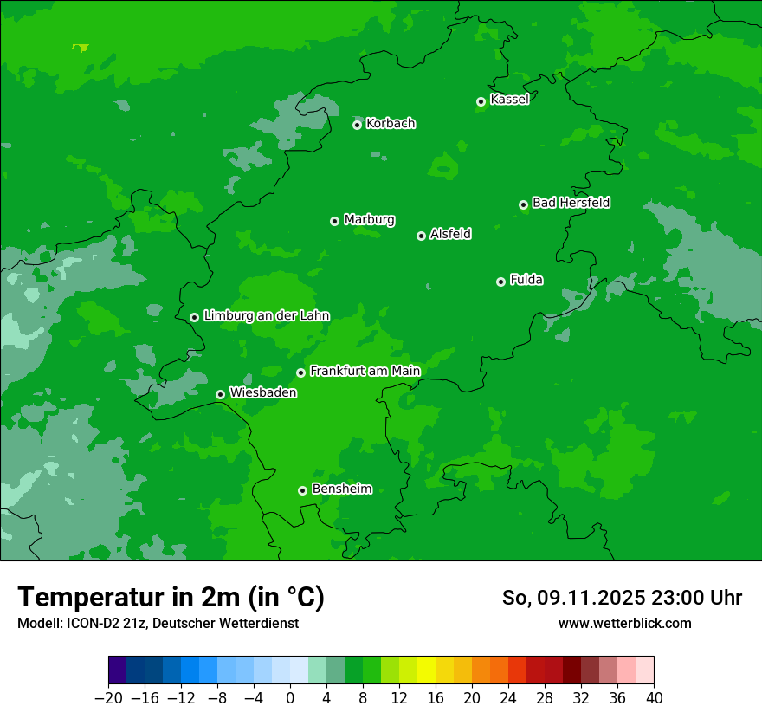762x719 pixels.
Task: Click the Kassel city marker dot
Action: (481, 101)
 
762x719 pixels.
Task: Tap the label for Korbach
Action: (391, 124)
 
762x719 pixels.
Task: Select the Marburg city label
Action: (369, 220)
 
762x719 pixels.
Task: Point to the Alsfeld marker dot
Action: (421, 236)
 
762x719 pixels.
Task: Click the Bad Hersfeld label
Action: (571, 203)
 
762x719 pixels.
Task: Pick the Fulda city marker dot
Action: (500, 282)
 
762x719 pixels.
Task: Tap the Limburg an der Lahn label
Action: (266, 316)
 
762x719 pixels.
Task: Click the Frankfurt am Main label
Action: (365, 371)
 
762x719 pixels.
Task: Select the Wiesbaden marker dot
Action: (220, 394)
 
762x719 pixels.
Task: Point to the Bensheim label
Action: (341, 489)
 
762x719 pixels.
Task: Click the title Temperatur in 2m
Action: (171, 597)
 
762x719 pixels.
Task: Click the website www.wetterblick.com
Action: (624, 624)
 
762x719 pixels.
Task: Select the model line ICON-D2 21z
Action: (157, 624)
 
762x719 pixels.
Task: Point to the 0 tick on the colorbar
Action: (290, 698)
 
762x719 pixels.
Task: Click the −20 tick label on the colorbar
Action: (108, 698)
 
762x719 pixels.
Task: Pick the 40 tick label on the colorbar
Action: (654, 698)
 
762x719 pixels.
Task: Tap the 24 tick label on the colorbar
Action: (508, 698)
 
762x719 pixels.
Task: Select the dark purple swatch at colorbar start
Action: (117, 670)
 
